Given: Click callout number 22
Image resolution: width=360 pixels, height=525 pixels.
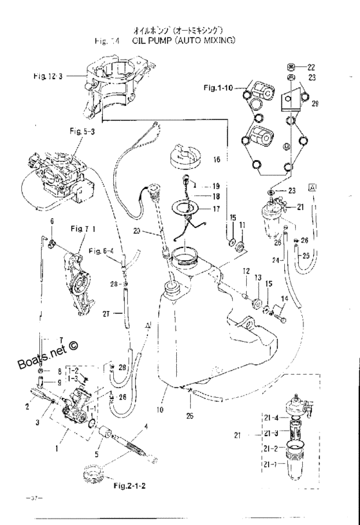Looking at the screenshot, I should pos(311,67).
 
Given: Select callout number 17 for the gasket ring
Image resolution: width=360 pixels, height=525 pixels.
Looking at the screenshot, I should pos(216,208).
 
